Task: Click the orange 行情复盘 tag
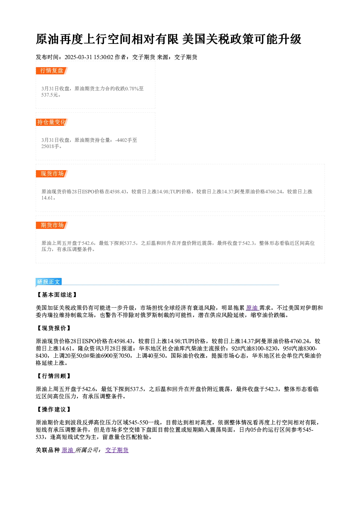coord(52,71)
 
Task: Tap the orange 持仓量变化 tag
coord(52,122)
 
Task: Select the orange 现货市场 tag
coord(52,174)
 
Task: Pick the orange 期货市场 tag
coord(52,225)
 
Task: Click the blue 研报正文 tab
coord(49,282)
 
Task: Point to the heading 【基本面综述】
coord(57,295)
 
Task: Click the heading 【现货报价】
coord(54,328)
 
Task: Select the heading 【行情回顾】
coord(54,376)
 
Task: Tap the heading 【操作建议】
coord(54,410)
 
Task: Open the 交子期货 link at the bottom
coord(117,450)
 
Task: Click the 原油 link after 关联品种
coord(67,450)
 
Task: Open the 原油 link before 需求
coord(252,308)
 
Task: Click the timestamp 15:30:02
coord(103,57)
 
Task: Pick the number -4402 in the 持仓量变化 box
coord(121,140)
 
